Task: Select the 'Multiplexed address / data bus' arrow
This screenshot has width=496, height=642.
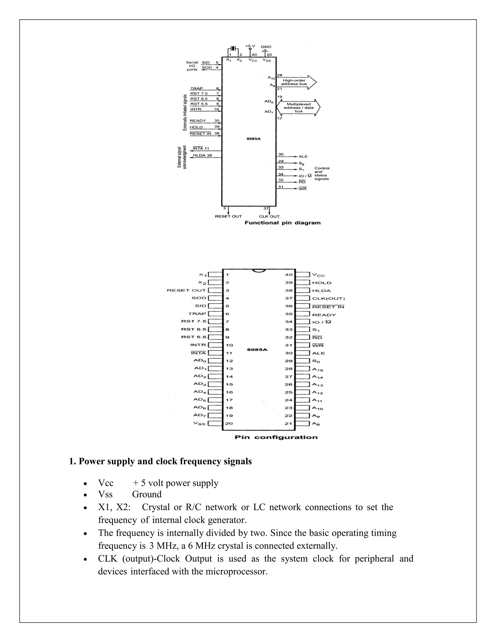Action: coord(298,108)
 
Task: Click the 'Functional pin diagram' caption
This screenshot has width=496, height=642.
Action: coord(282,223)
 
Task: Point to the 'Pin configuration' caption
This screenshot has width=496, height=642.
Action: coord(276,437)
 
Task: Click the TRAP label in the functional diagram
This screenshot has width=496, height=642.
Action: coord(197,88)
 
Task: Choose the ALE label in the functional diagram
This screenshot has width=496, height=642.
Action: coord(303,157)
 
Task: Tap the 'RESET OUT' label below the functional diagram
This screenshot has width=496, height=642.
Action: coord(228,216)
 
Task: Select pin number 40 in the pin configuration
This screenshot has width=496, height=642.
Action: coord(289,274)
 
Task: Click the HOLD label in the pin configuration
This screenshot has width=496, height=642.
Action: coord(322,283)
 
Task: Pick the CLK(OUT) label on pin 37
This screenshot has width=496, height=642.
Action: coord(328,299)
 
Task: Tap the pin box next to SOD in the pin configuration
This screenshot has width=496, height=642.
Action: coord(215,298)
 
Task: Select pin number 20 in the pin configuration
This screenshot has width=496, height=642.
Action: coord(229,423)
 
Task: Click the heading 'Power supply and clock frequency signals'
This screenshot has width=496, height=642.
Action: coord(160,462)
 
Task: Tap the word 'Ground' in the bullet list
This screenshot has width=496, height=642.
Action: coord(147,494)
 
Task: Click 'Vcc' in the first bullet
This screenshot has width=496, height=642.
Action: coord(106,483)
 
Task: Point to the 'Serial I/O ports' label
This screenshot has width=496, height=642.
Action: coord(192,66)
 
